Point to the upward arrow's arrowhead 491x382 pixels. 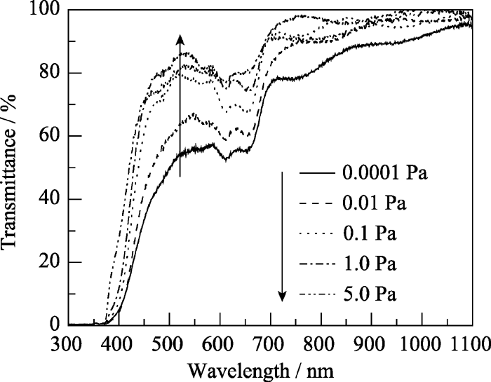180,38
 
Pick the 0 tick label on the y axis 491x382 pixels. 55,325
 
